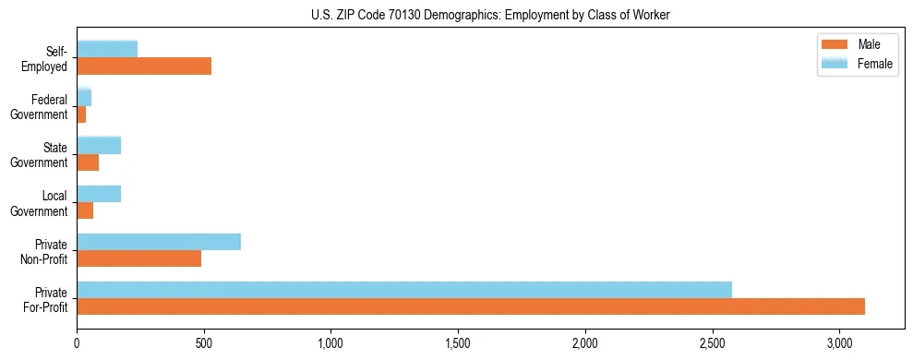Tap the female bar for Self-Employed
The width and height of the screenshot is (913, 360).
[x=107, y=49]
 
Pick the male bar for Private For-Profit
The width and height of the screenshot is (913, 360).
[x=471, y=306]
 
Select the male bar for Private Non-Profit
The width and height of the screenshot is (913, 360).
[x=139, y=258]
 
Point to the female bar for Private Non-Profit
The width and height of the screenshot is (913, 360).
[x=159, y=241]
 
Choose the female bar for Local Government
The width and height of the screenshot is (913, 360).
[x=99, y=193]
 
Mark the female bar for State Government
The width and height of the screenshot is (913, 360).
[x=99, y=145]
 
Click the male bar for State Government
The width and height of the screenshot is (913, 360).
[x=88, y=162]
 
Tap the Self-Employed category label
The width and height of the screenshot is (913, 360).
[x=50, y=59]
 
